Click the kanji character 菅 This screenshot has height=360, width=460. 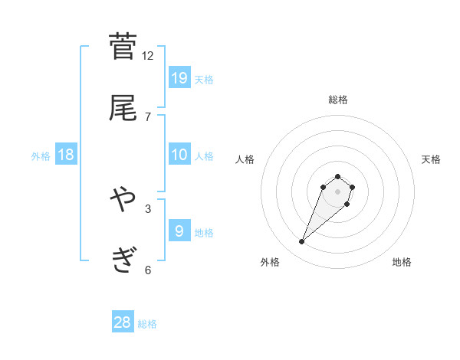(123, 46)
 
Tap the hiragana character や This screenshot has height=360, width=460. (123, 200)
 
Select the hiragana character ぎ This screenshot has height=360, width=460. (123, 261)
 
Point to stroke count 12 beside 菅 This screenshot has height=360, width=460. (148, 55)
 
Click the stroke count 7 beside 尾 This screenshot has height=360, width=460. (148, 116)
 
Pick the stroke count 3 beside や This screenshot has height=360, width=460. (148, 208)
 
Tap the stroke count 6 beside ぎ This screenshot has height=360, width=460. (148, 270)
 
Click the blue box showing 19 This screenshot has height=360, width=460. (179, 78)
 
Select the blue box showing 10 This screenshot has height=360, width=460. (179, 155)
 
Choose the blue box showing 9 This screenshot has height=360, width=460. (179, 231)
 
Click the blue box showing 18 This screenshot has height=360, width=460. (66, 155)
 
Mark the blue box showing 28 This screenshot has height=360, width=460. (123, 322)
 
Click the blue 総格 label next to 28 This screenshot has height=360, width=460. (147, 324)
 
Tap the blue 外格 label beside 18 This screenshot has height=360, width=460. (41, 156)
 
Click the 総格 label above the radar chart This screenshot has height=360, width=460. (337, 100)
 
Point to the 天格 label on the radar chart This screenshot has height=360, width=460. (432, 159)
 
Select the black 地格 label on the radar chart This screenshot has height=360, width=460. (402, 262)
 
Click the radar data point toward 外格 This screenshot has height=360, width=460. (302, 242)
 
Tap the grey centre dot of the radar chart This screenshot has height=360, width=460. (337, 191)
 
